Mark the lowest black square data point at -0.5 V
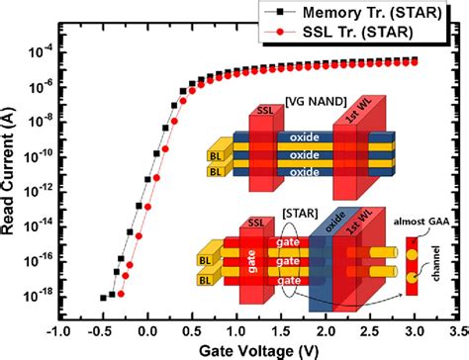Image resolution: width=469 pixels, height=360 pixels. [104, 297]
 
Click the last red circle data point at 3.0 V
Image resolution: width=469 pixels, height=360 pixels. [414, 61]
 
